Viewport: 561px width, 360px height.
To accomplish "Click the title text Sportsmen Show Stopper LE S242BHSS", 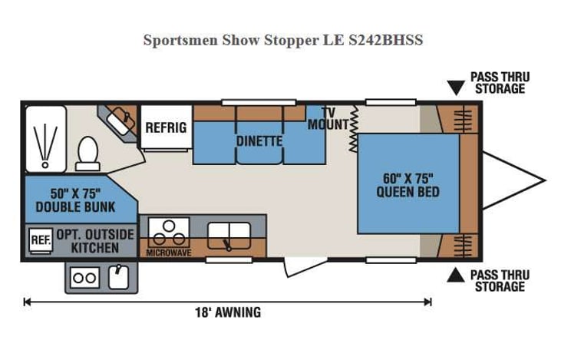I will pos(282,40).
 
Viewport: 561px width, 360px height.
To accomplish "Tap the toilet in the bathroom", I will pos(87,152).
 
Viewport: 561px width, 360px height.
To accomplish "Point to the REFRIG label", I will pos(166,127).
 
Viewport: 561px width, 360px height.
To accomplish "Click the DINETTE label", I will pos(259,142).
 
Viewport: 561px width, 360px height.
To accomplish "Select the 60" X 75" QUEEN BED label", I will pos(408,185).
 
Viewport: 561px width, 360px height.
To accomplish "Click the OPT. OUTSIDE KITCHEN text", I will pos(95,241).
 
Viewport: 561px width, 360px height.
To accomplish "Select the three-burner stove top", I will pos(168,233).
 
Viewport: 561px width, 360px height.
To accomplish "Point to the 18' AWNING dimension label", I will pos(227,312).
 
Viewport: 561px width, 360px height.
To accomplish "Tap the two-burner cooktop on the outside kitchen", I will pos(84,278).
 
